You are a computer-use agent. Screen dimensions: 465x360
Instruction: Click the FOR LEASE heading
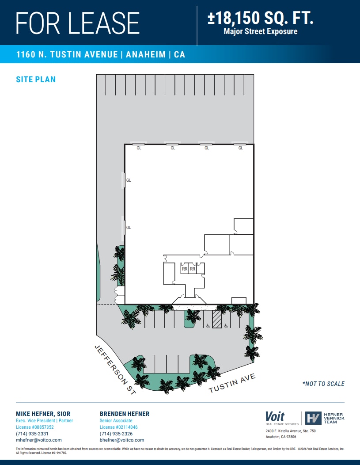pos(78,23)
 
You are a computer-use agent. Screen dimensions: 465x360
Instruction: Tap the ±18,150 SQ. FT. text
pos(261,19)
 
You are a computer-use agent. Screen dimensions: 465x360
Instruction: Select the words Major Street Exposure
pos(261,31)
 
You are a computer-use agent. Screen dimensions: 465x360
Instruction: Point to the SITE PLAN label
pos(36,80)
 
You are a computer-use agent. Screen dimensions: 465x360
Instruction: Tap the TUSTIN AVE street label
pos(232,383)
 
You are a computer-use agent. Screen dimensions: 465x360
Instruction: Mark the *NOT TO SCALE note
pos(323,384)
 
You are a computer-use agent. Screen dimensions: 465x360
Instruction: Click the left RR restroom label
pos(185,268)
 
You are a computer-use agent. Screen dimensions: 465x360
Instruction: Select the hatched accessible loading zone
pos(217,319)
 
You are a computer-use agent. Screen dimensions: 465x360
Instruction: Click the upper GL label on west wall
pos(129,180)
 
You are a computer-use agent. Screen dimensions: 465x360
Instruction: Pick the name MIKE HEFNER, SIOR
pos(43,414)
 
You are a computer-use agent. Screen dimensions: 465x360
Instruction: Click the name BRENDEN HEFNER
pos(125,414)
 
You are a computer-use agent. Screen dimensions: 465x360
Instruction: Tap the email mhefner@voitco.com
pos(39,440)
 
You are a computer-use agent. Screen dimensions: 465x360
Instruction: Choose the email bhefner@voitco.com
pos(122,440)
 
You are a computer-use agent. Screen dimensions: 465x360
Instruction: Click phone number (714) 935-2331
pos(32,434)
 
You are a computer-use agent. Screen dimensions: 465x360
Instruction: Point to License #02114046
pos(118,427)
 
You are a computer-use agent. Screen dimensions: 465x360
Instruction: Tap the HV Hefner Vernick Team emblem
pos(313,418)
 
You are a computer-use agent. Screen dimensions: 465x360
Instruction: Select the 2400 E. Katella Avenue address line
pos(291,431)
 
